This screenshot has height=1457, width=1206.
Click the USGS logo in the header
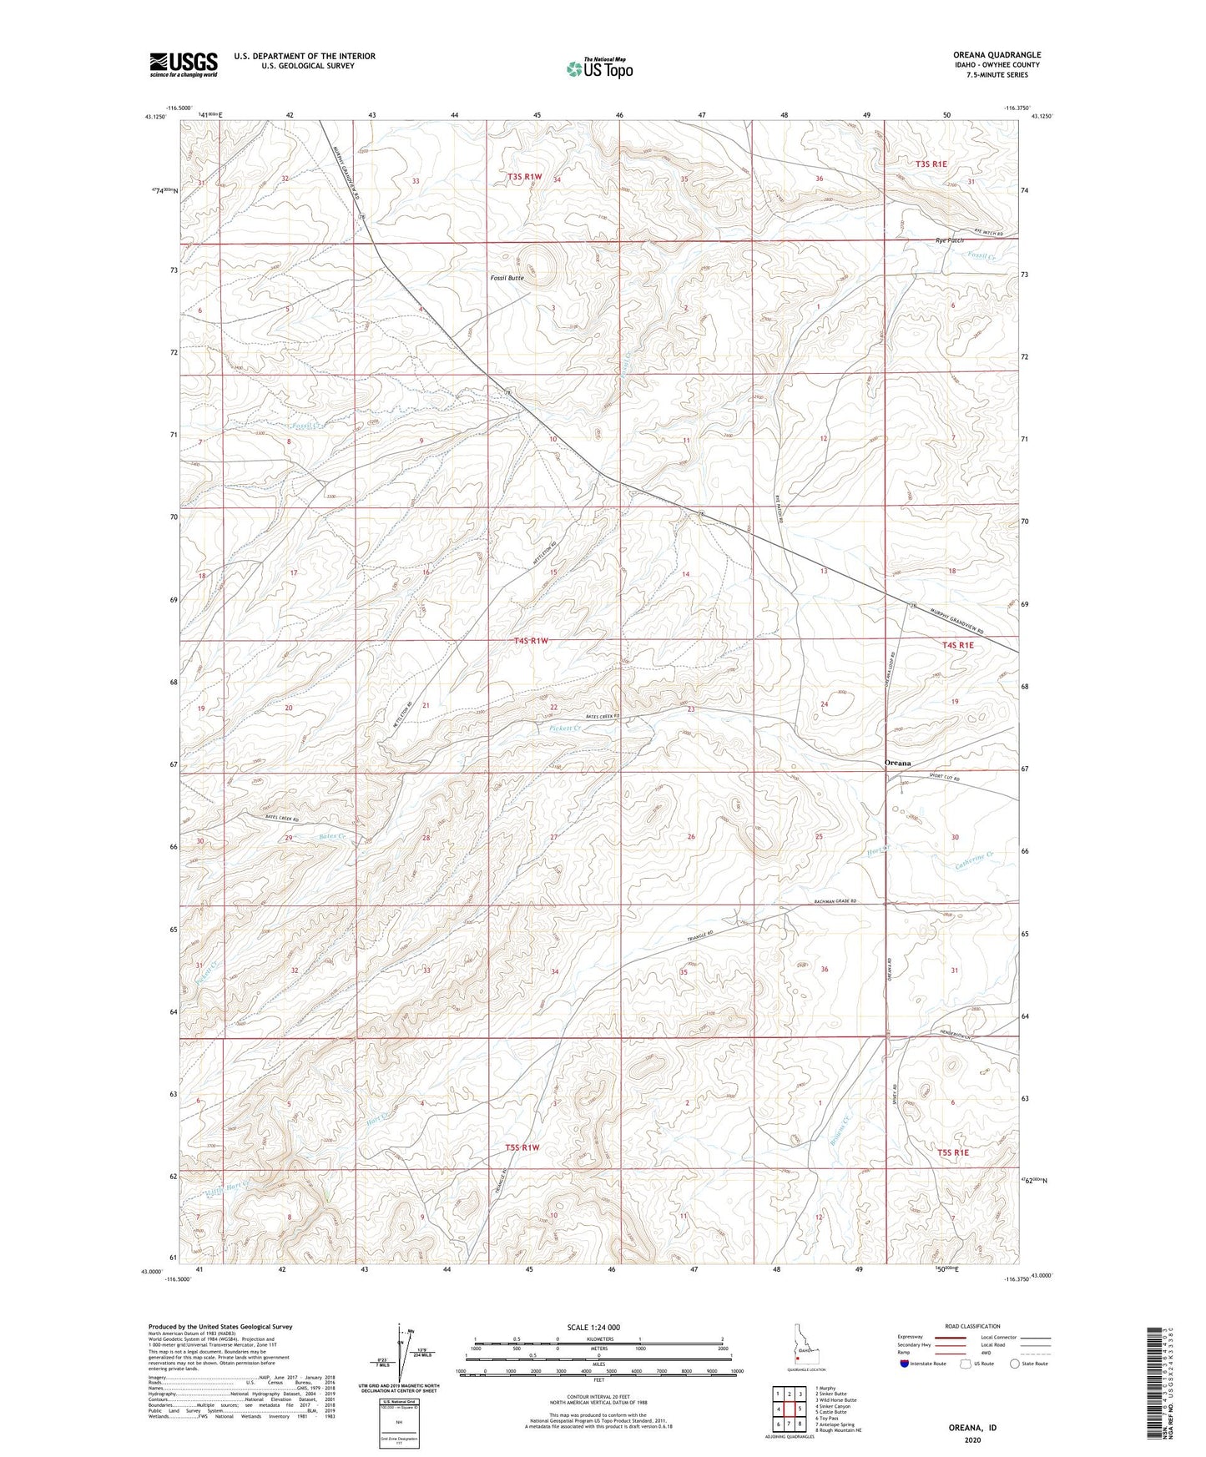[x=184, y=64]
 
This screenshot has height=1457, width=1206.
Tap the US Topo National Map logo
[x=598, y=68]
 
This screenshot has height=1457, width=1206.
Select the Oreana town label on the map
[x=897, y=763]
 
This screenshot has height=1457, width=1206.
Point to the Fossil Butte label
[x=507, y=278]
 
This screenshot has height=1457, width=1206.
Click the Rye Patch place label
[x=950, y=240]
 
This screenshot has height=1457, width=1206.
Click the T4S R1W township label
[x=531, y=641]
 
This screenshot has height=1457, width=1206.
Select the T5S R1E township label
[x=954, y=1152]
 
